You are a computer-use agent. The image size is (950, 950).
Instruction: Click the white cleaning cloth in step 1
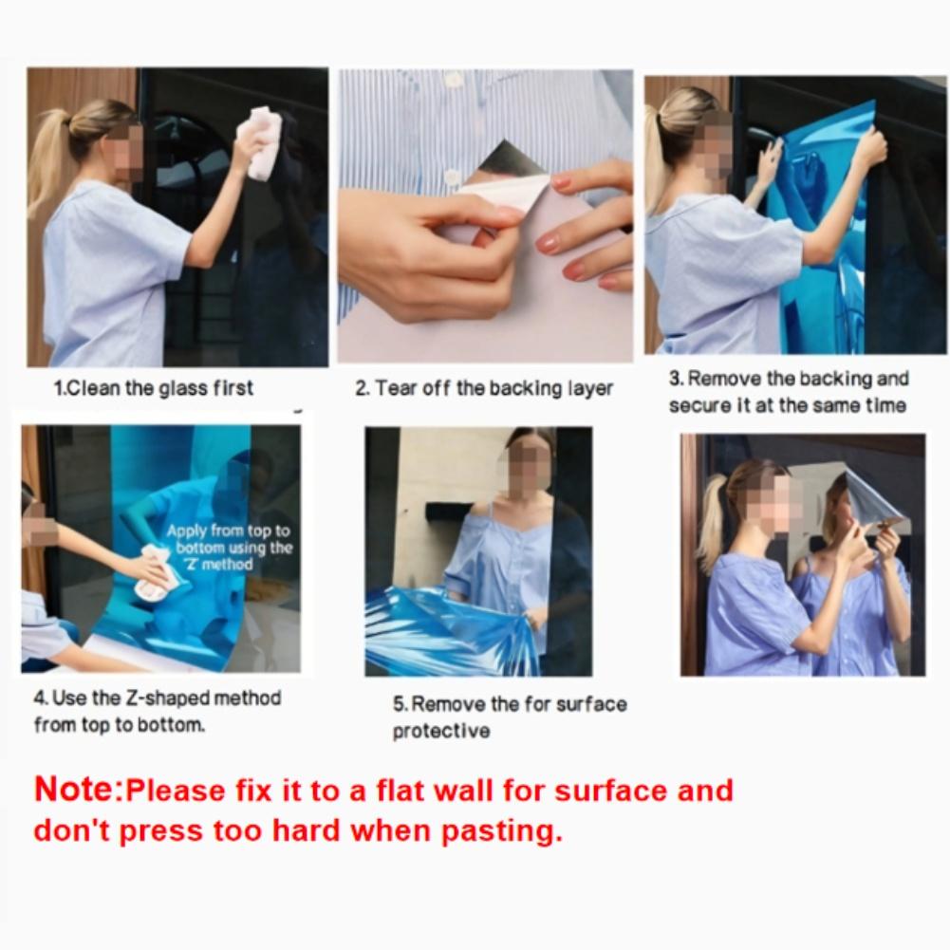point(261,143)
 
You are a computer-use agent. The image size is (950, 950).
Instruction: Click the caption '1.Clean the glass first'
point(154,388)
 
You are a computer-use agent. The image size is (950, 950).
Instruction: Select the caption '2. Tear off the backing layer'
point(484,388)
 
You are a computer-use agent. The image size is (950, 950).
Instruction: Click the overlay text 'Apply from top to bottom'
point(229,539)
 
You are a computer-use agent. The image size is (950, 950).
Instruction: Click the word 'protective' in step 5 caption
point(441,731)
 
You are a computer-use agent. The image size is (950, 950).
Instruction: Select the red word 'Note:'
point(78,790)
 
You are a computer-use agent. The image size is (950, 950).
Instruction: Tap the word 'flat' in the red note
point(401,791)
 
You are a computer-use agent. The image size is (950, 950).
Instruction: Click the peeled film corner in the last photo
point(875,500)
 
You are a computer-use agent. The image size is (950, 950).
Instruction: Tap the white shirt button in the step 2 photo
point(450,176)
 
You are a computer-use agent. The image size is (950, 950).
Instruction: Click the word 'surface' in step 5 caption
point(591,704)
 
